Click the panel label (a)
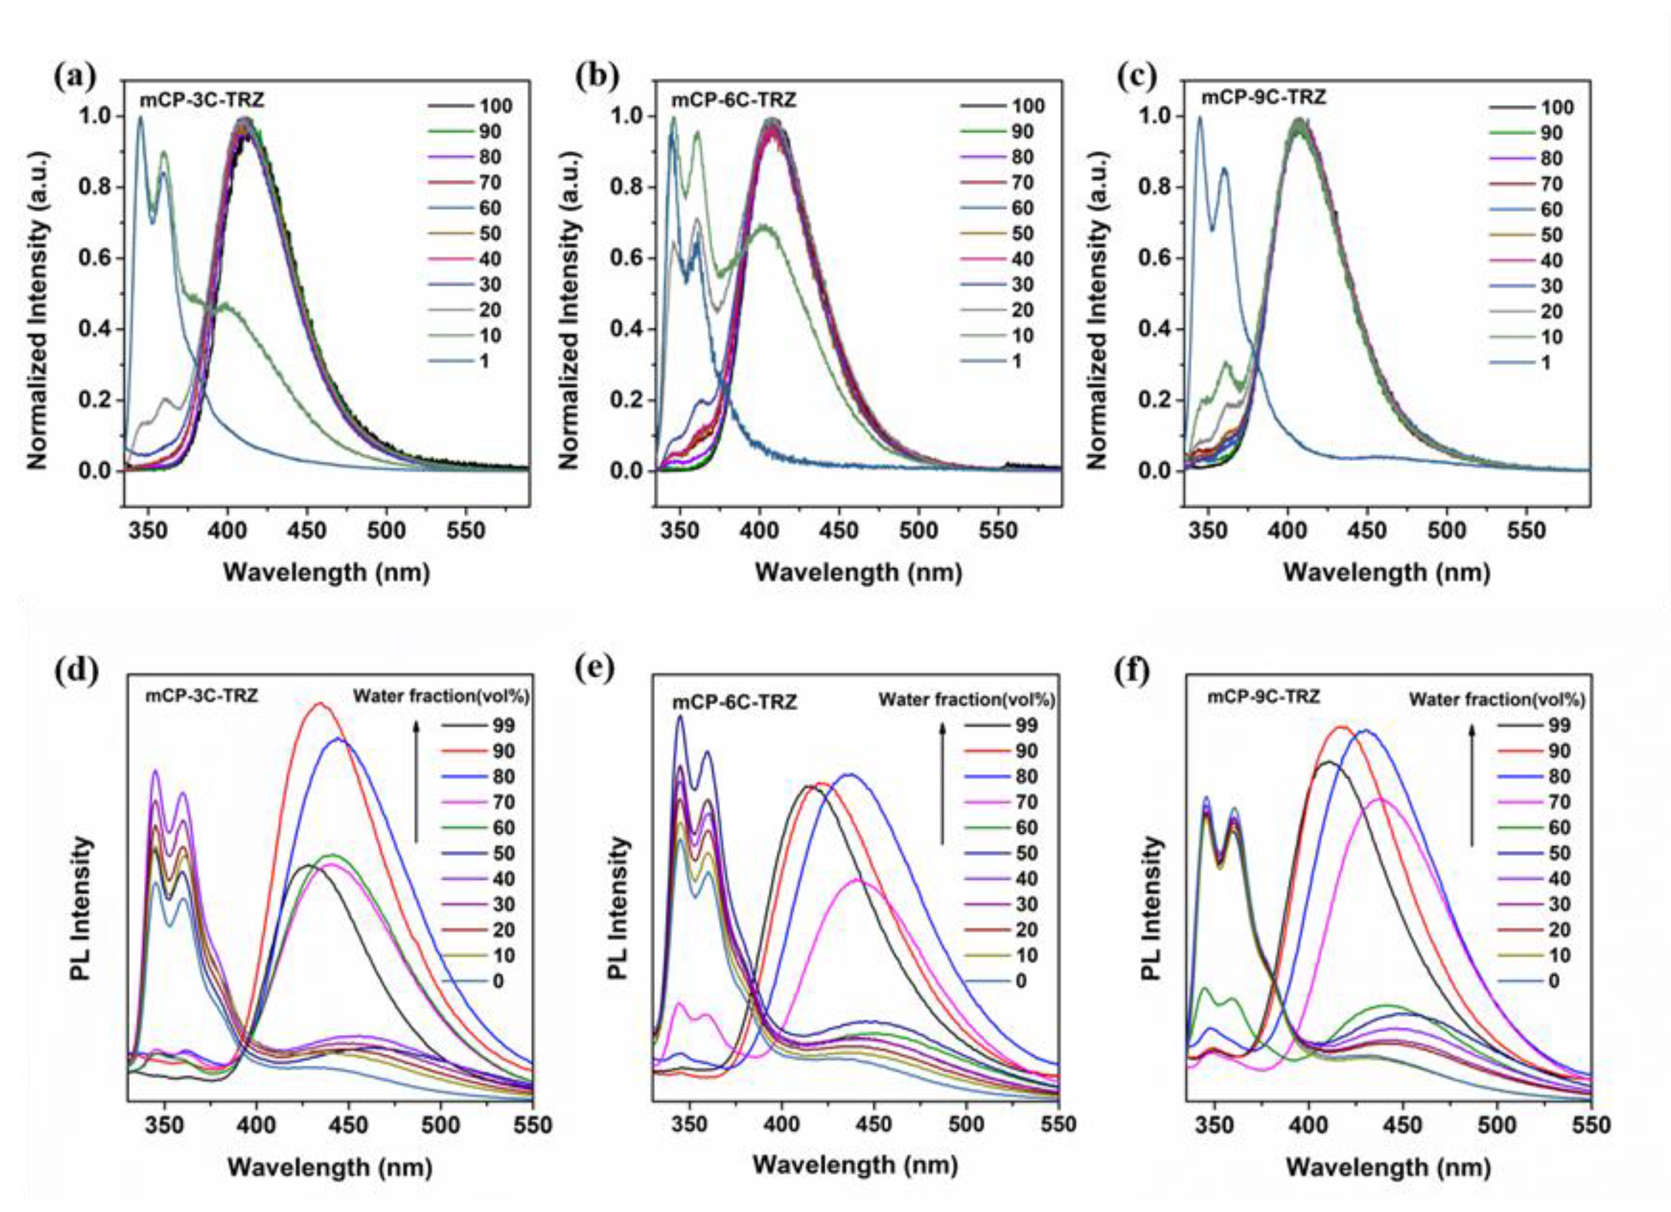[75, 77]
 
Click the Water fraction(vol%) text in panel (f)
[1497, 699]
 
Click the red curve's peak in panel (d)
[319, 704]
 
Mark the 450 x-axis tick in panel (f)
[1402, 1126]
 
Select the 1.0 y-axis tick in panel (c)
[1154, 116]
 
